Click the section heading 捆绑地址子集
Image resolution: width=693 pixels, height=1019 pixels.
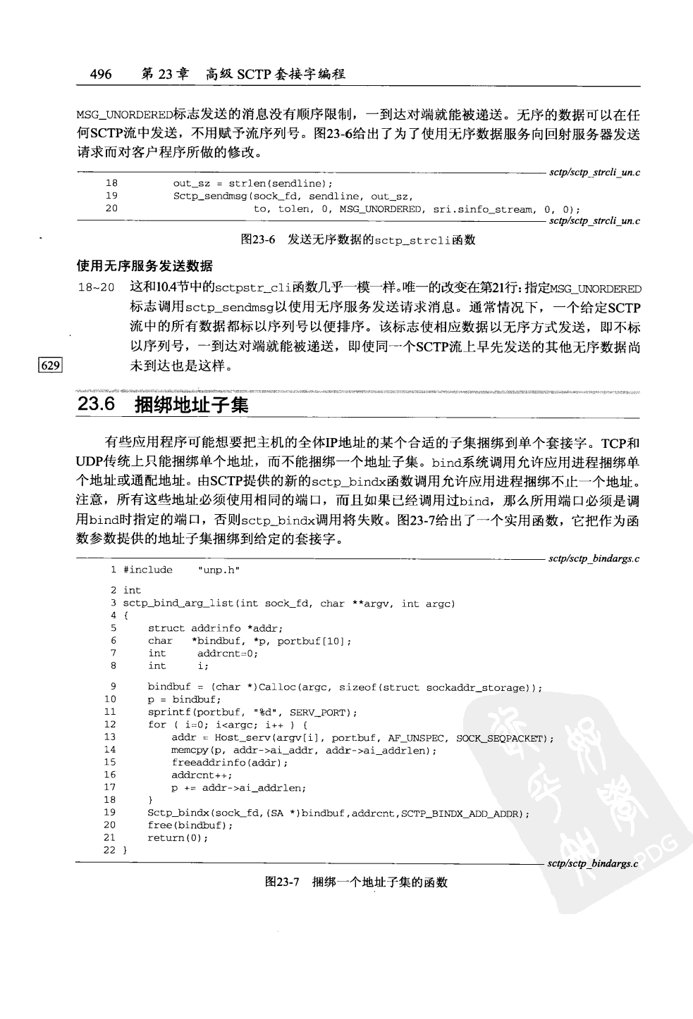[190, 405]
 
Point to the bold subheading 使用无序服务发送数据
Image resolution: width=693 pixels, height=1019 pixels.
[144, 266]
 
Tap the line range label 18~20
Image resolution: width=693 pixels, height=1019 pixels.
[96, 289]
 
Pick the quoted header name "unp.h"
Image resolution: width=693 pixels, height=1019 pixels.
[219, 570]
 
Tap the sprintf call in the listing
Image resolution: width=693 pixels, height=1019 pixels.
[167, 713]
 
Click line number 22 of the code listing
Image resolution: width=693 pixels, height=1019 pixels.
[109, 850]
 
